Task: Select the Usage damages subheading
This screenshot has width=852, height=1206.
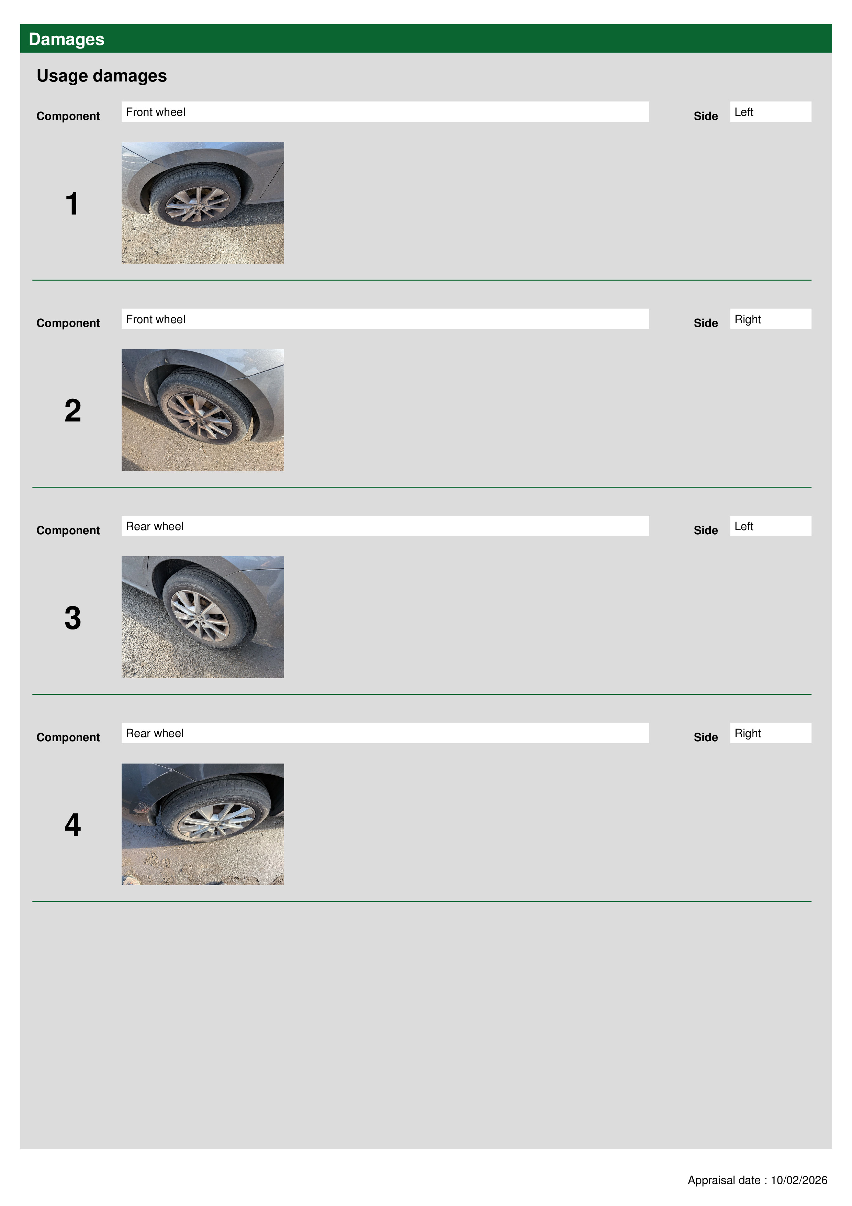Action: pos(101,76)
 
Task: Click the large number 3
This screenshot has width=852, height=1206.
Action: pos(73,618)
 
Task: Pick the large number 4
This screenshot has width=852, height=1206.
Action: pos(73,825)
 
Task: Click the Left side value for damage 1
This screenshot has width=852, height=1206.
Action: pos(770,112)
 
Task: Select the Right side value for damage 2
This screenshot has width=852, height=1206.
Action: pos(770,319)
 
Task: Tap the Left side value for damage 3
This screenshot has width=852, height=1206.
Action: pos(770,526)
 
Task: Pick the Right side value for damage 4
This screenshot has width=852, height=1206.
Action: pos(770,733)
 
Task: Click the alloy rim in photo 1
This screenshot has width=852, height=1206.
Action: pos(198,204)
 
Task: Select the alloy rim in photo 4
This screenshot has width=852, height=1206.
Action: pos(216,822)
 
